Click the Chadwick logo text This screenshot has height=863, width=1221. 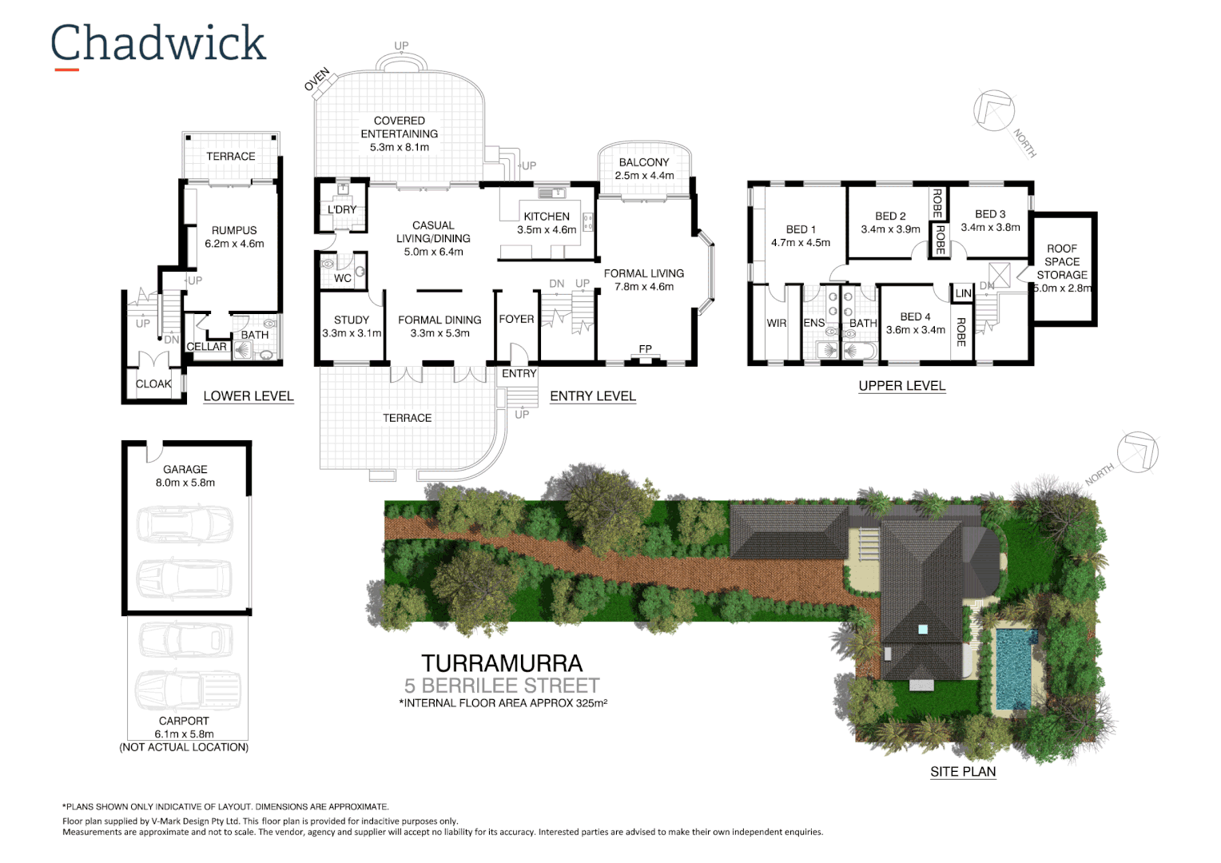157,44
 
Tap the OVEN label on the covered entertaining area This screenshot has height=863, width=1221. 317,80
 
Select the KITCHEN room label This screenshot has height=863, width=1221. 547,217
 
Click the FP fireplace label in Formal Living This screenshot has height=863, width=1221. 645,349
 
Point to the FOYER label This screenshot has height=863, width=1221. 516,319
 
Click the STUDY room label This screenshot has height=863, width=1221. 352,320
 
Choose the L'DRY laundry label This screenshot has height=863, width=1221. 342,210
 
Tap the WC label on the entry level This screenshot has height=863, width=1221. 343,278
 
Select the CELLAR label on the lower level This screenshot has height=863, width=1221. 207,347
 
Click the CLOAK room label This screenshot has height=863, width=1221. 153,384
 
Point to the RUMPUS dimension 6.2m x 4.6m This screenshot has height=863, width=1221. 234,244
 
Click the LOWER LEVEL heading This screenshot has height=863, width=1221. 249,396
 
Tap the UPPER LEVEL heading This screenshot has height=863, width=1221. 902,386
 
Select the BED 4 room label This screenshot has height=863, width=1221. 915,316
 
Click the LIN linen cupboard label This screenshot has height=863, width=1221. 964,293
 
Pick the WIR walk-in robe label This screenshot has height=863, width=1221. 777,324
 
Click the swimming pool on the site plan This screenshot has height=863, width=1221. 1016,668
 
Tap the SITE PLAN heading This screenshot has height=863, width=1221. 963,772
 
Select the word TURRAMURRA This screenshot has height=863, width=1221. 502,663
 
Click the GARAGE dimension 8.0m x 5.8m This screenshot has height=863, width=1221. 185,483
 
